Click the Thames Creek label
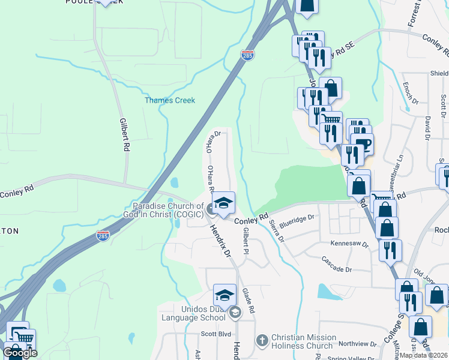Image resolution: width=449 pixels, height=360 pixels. point(170,100)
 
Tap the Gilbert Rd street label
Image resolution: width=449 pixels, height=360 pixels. point(125,134)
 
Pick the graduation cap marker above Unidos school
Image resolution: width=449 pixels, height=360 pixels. point(224,295)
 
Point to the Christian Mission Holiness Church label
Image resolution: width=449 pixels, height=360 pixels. point(302,341)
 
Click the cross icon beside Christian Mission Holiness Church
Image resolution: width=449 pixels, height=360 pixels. point(262,341)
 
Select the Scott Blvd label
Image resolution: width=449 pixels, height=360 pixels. point(216,334)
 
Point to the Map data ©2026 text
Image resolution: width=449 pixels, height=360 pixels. point(423,355)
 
